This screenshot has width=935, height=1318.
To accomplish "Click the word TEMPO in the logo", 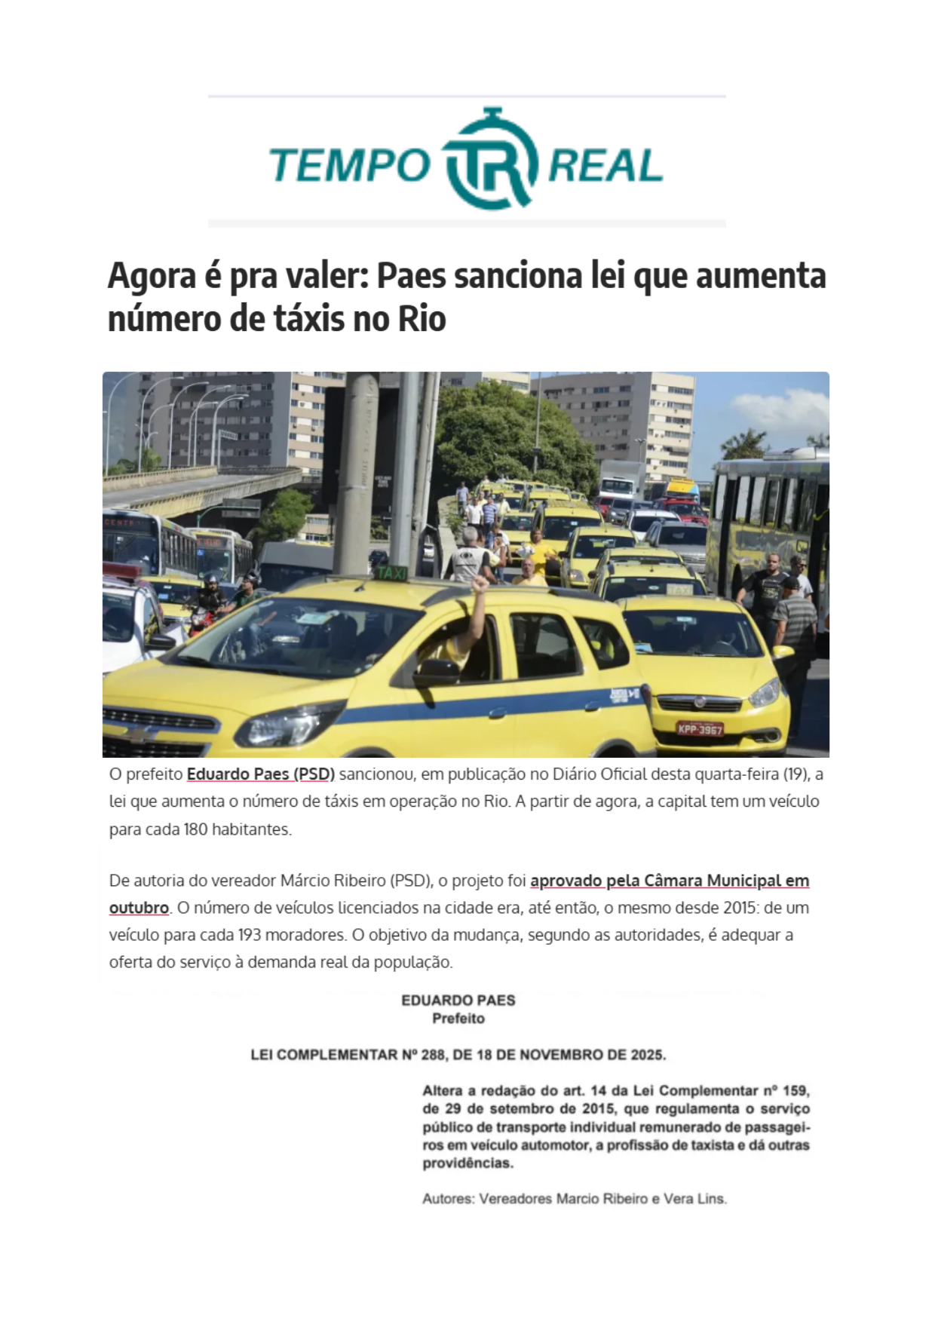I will point(349,166).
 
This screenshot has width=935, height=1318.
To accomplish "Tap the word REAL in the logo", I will point(605,166).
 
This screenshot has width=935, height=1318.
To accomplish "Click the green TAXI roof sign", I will point(391,573).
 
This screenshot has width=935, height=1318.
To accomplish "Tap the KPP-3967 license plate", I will point(699,728).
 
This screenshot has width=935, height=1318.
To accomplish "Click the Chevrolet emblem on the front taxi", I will point(140,733).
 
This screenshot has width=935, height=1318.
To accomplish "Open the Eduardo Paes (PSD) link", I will point(260,774).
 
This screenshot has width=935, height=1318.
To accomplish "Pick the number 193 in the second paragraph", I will point(250,935).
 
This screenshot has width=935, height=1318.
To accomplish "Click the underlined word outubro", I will point(139,908).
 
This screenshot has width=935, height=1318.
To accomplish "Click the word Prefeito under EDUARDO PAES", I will point(458,1019).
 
